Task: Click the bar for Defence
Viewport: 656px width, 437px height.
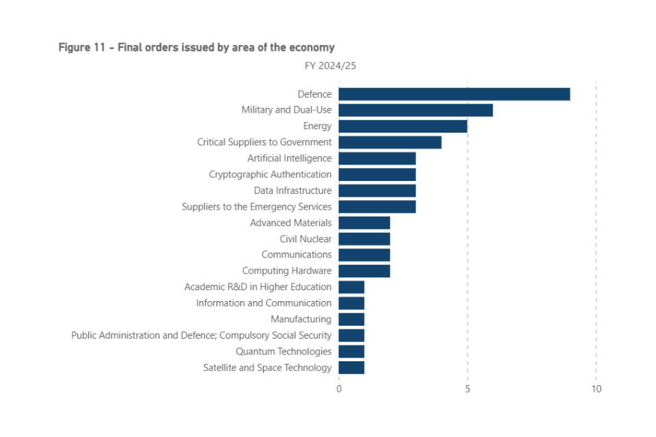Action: [x=454, y=94]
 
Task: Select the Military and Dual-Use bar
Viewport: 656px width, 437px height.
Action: [x=415, y=110]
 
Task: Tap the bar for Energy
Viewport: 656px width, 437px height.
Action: [x=402, y=126]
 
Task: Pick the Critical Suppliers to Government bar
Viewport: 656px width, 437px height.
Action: [x=389, y=142]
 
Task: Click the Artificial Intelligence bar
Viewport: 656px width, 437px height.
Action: [x=377, y=158]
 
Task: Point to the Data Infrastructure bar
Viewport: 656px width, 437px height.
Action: [x=377, y=191]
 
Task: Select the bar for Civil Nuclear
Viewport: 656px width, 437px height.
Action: [x=364, y=239]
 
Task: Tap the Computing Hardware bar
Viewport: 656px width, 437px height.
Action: [x=364, y=271]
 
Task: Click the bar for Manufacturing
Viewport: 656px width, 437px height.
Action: [x=351, y=319]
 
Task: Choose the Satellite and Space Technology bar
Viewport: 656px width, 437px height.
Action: [x=351, y=367]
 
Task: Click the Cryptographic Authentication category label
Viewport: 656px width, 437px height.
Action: [x=270, y=175]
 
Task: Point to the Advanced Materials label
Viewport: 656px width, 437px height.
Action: [x=290, y=223]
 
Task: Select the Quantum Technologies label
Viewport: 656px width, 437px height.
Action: [x=284, y=352]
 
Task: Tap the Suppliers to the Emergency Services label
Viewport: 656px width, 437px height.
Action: [x=256, y=207]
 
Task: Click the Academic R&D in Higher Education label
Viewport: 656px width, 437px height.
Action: [x=258, y=287]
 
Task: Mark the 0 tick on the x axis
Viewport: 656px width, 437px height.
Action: [x=339, y=389]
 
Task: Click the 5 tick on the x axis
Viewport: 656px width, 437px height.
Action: [x=467, y=389]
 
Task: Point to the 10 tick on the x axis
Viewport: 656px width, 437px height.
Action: [x=596, y=389]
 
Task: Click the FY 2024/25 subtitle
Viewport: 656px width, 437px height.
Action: [x=330, y=66]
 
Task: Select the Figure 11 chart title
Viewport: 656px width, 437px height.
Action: [x=196, y=47]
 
